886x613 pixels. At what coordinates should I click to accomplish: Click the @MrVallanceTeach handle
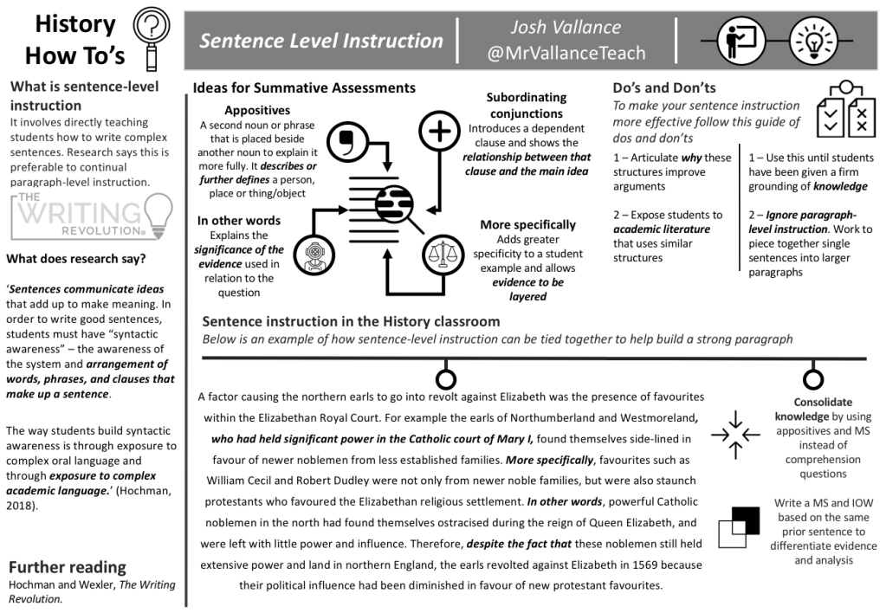point(566,53)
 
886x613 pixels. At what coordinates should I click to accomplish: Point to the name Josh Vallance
point(566,28)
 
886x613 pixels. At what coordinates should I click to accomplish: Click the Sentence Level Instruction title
point(321,41)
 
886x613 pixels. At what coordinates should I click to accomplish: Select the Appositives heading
point(257,110)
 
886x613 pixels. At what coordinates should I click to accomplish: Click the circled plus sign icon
point(440,132)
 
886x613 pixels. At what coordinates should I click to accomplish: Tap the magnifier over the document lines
point(397,204)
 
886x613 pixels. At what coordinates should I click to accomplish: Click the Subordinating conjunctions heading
point(526,106)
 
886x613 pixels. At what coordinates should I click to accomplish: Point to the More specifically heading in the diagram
point(527,225)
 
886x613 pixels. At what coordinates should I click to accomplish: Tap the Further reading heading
point(67,568)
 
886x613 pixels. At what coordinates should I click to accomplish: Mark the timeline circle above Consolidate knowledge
point(812,379)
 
